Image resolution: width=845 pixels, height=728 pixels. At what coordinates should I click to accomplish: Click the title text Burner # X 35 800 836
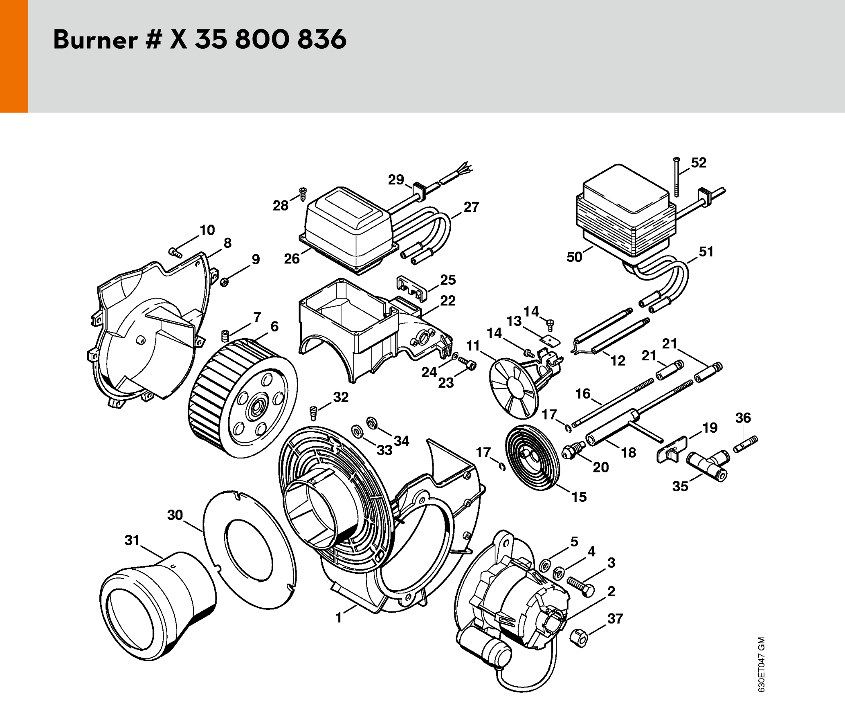pyautogui.click(x=200, y=40)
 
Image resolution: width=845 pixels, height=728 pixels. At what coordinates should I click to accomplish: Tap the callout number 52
pyautogui.click(x=699, y=163)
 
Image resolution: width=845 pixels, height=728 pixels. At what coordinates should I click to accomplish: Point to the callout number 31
pyautogui.click(x=132, y=540)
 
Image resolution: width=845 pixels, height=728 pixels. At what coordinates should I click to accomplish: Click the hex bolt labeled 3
pyautogui.click(x=581, y=586)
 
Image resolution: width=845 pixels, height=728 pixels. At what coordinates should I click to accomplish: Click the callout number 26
pyautogui.click(x=292, y=258)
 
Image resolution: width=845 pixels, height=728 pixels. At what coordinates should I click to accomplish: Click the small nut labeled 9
pyautogui.click(x=224, y=282)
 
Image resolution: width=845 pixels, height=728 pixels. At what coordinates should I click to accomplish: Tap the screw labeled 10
pyautogui.click(x=175, y=253)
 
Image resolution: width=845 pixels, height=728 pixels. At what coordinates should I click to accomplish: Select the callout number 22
pyautogui.click(x=448, y=301)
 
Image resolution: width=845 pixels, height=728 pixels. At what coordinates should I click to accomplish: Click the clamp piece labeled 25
pyautogui.click(x=411, y=287)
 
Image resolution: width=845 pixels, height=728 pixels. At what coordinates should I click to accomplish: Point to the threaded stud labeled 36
pyautogui.click(x=746, y=445)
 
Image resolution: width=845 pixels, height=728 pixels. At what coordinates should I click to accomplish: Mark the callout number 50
pyautogui.click(x=574, y=257)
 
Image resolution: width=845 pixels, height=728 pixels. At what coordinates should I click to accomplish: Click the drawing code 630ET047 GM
pyautogui.click(x=761, y=664)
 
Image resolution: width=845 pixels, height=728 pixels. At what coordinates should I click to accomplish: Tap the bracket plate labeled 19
pyautogui.click(x=671, y=449)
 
